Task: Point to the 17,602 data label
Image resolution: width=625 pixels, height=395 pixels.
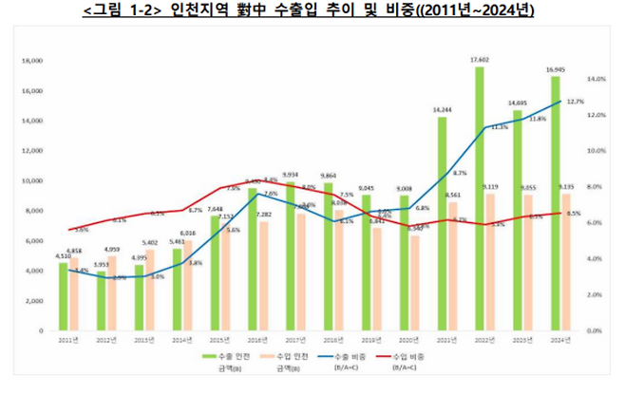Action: [479, 59]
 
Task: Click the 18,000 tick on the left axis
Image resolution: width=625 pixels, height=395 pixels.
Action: [32, 61]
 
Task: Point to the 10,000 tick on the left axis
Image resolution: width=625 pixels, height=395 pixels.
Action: [32, 181]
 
